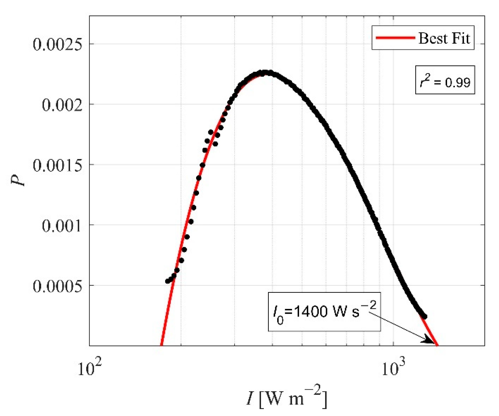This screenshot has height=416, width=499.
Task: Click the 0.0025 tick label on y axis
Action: pyautogui.click(x=57, y=44)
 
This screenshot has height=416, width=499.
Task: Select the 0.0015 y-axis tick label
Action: pyautogui.click(x=57, y=165)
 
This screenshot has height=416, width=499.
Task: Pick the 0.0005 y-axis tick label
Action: pyautogui.click(x=57, y=286)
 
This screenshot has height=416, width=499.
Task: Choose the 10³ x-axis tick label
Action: pyautogui.click(x=393, y=368)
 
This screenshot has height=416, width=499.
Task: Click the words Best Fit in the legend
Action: pyautogui.click(x=444, y=38)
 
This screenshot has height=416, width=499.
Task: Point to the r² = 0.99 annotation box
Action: pyautogui.click(x=445, y=80)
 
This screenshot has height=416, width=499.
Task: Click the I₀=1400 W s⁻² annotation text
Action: pyautogui.click(x=324, y=311)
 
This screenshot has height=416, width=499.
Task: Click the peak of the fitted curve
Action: pyautogui.click(x=265, y=73)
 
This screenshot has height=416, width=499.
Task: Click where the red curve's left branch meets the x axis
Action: pyautogui.click(x=161, y=345)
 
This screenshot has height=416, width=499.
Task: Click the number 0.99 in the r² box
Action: pyautogui.click(x=457, y=83)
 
